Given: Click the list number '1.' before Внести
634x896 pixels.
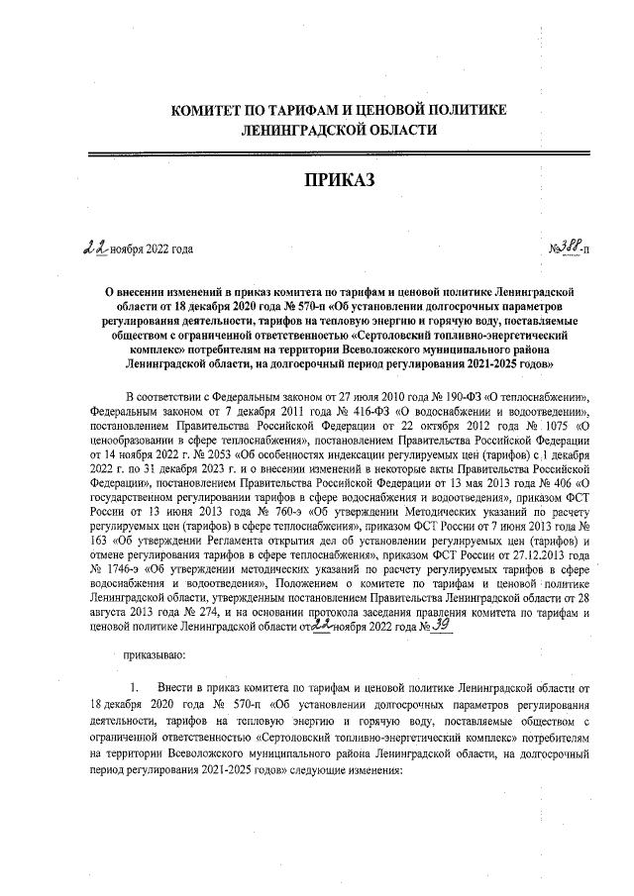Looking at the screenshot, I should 138,686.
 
